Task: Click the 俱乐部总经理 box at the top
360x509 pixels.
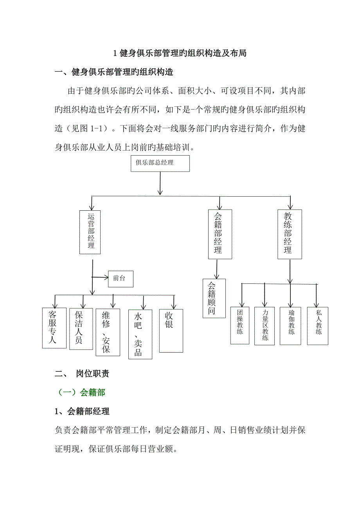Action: pos(160,163)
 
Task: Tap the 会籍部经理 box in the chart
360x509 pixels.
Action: pos(220,234)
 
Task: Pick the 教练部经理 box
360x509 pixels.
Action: pos(290,234)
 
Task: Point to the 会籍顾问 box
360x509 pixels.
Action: pos(214,298)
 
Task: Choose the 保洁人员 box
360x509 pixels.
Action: pos(81,328)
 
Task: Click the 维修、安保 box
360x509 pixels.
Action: pos(108,332)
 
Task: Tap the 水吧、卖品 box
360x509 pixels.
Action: pos(140,334)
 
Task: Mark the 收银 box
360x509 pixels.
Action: pos(171,330)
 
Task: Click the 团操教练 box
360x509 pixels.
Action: pos(240,325)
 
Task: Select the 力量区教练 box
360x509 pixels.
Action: pos(265,326)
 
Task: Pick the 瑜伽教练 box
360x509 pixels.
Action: pos(290,326)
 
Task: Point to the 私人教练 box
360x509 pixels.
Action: pos(318,326)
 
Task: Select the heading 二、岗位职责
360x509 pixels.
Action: pos(82,374)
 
